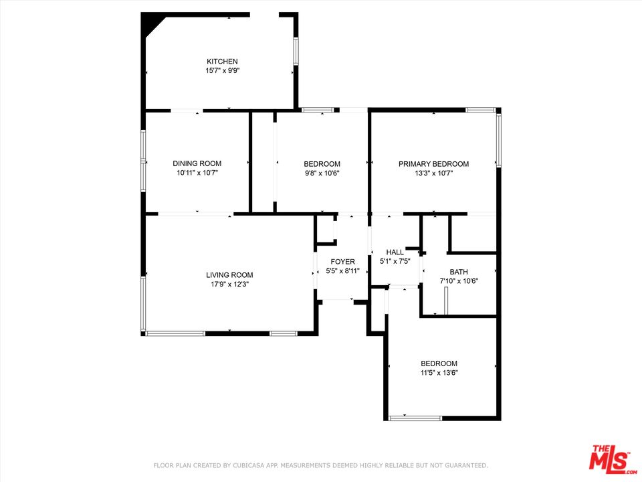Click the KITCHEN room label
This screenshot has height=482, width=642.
pyautogui.click(x=222, y=62)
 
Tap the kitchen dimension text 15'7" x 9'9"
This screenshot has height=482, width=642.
pyautogui.click(x=222, y=70)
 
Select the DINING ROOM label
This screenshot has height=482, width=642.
pyautogui.click(x=197, y=163)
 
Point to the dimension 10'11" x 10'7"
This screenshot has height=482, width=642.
pyautogui.click(x=197, y=173)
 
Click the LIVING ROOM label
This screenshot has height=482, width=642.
pyautogui.click(x=229, y=275)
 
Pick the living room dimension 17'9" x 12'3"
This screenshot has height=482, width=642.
pyautogui.click(x=229, y=284)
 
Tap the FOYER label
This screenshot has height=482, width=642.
pyautogui.click(x=342, y=262)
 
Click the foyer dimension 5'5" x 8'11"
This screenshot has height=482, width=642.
pyautogui.click(x=342, y=270)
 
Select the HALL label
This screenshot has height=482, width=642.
pyautogui.click(x=395, y=252)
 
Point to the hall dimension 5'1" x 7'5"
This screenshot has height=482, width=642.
pyautogui.click(x=395, y=261)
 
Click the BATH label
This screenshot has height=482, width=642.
pyautogui.click(x=459, y=272)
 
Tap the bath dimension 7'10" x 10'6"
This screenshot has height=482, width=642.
pyautogui.click(x=459, y=280)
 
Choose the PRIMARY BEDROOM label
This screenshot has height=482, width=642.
pyautogui.click(x=433, y=164)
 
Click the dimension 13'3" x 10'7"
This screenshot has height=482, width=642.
pyautogui.click(x=433, y=173)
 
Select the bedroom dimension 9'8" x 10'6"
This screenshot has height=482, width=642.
pyautogui.click(x=322, y=173)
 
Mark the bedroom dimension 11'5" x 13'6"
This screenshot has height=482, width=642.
pyautogui.click(x=439, y=373)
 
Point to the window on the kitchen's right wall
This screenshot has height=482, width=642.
pyautogui.click(x=296, y=52)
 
